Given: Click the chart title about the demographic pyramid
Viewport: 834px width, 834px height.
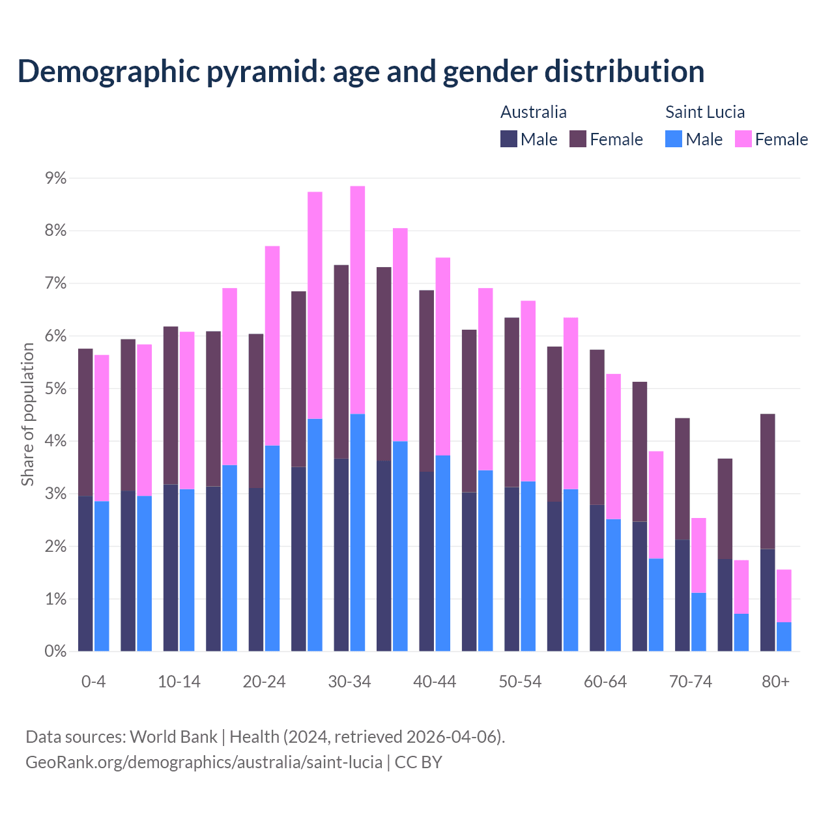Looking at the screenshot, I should click(x=360, y=72).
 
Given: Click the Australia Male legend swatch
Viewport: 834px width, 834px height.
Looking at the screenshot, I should click(x=509, y=139).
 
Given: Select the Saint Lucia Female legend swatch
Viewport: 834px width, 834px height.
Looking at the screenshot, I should click(x=743, y=139).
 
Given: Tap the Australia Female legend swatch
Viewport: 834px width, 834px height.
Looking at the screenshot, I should click(x=578, y=139).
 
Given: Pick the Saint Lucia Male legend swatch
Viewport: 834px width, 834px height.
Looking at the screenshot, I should click(x=674, y=139).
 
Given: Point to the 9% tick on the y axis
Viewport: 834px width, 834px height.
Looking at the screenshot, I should click(x=54, y=179).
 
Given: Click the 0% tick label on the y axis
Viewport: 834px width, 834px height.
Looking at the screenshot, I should click(x=54, y=651).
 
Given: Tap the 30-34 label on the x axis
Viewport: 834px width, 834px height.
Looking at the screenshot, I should click(x=350, y=682).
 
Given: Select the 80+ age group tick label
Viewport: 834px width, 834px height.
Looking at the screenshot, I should click(x=775, y=682).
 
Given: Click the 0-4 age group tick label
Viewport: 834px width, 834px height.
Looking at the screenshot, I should click(x=93, y=682).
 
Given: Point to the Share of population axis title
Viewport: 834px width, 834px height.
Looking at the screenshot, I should click(x=28, y=414).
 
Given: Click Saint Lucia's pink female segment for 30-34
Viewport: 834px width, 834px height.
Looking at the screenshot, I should click(x=358, y=300).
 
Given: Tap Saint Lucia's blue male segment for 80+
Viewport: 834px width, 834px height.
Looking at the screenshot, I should click(x=784, y=637).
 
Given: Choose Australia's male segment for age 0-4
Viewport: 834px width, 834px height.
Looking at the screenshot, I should click(x=85, y=573).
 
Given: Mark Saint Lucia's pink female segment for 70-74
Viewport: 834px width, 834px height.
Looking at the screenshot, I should click(x=698, y=555).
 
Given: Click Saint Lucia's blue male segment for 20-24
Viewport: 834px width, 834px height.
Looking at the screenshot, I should click(x=272, y=548).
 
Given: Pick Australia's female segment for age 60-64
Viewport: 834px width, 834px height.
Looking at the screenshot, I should click(x=597, y=427).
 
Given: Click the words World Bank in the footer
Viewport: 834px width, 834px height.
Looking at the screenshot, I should click(x=173, y=737).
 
